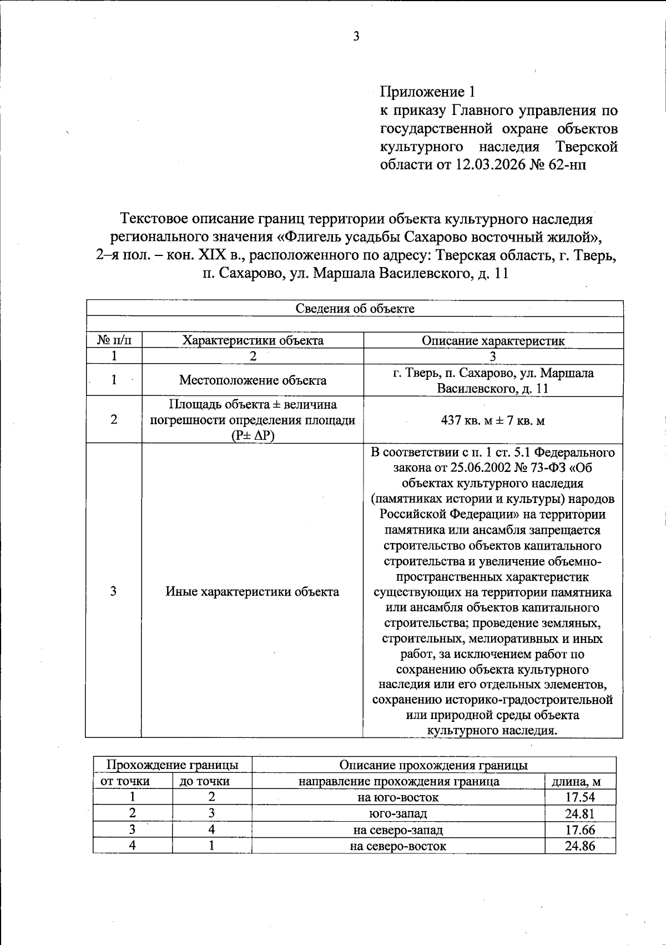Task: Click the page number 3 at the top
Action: [356, 37]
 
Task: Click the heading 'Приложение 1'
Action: [427, 91]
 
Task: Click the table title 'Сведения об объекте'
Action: [355, 309]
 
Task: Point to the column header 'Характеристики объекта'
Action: [253, 340]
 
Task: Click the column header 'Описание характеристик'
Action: [493, 340]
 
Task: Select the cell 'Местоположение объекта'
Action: [253, 380]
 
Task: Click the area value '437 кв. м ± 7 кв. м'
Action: [493, 420]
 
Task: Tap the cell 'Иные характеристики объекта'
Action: [253, 592]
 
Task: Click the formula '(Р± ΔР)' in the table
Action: [253, 436]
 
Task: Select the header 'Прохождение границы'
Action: [173, 765]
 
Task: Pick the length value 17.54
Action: [580, 798]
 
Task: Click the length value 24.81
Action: [580, 814]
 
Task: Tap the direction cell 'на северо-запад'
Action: [398, 830]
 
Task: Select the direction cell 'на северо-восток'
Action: [398, 846]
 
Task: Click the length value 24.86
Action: [580, 846]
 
